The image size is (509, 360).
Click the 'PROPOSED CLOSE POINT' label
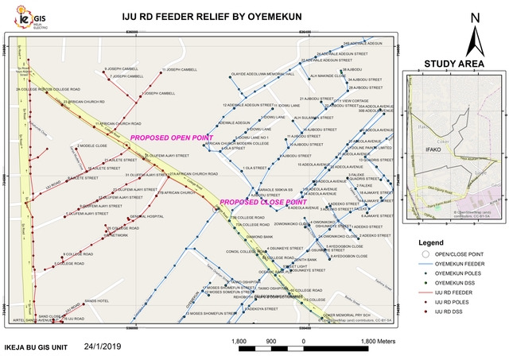pos(263,202)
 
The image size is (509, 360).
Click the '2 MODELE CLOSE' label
pos(94,146)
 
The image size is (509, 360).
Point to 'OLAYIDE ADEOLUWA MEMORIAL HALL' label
pos(262,74)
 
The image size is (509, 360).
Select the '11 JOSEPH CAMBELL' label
pos(179,70)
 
